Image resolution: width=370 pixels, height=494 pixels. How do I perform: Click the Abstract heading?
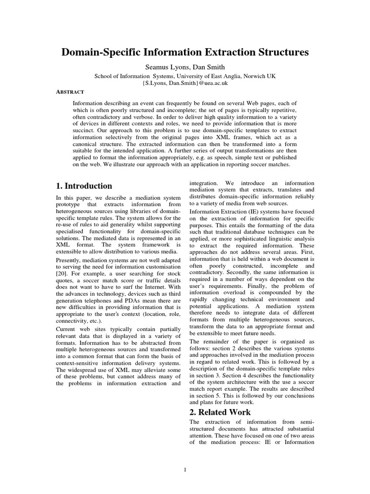coord(70,92)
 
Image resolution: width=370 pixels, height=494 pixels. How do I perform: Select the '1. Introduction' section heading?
coord(84,186)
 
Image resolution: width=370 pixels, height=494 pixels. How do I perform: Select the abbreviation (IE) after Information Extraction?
coord(257,211)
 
